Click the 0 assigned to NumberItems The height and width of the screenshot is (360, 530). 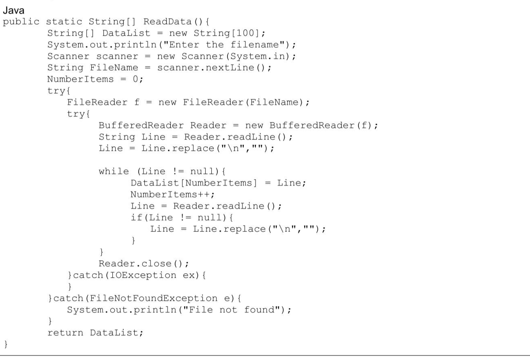coord(136,79)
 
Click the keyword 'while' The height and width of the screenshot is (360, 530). coord(114,171)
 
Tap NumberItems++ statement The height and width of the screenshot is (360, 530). coord(168,194)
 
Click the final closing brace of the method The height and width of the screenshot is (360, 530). coord(6,345)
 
